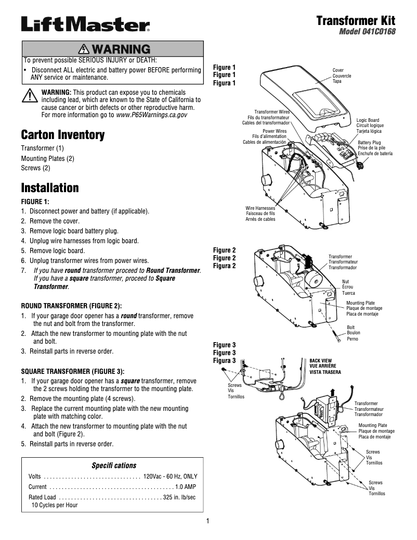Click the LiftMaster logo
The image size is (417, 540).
click(85, 24)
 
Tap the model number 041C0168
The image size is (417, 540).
click(367, 31)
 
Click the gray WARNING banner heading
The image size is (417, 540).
click(112, 49)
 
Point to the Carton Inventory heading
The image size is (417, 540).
click(63, 135)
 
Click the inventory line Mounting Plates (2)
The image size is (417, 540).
click(47, 158)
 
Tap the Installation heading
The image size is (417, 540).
click(50, 187)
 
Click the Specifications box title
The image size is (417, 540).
click(114, 465)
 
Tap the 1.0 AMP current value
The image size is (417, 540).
click(186, 486)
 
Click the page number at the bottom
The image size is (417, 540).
click(207, 521)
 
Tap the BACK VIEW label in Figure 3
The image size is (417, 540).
click(321, 360)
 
